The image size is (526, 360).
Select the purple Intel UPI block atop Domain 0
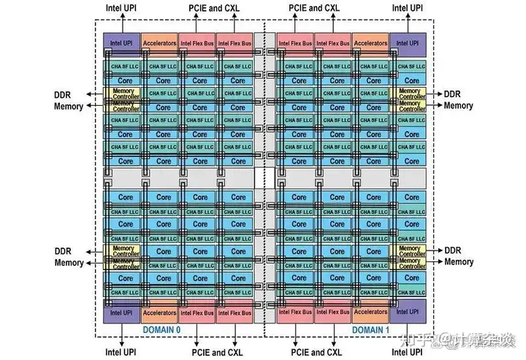click(121, 43)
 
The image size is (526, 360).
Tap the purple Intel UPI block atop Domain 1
click(408, 43)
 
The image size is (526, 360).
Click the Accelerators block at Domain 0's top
click(159, 43)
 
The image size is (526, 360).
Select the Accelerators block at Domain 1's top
click(370, 43)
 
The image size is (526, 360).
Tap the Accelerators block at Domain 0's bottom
click(159, 313)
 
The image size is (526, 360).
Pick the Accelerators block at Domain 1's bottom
click(370, 313)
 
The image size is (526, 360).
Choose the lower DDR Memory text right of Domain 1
click(459, 256)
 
